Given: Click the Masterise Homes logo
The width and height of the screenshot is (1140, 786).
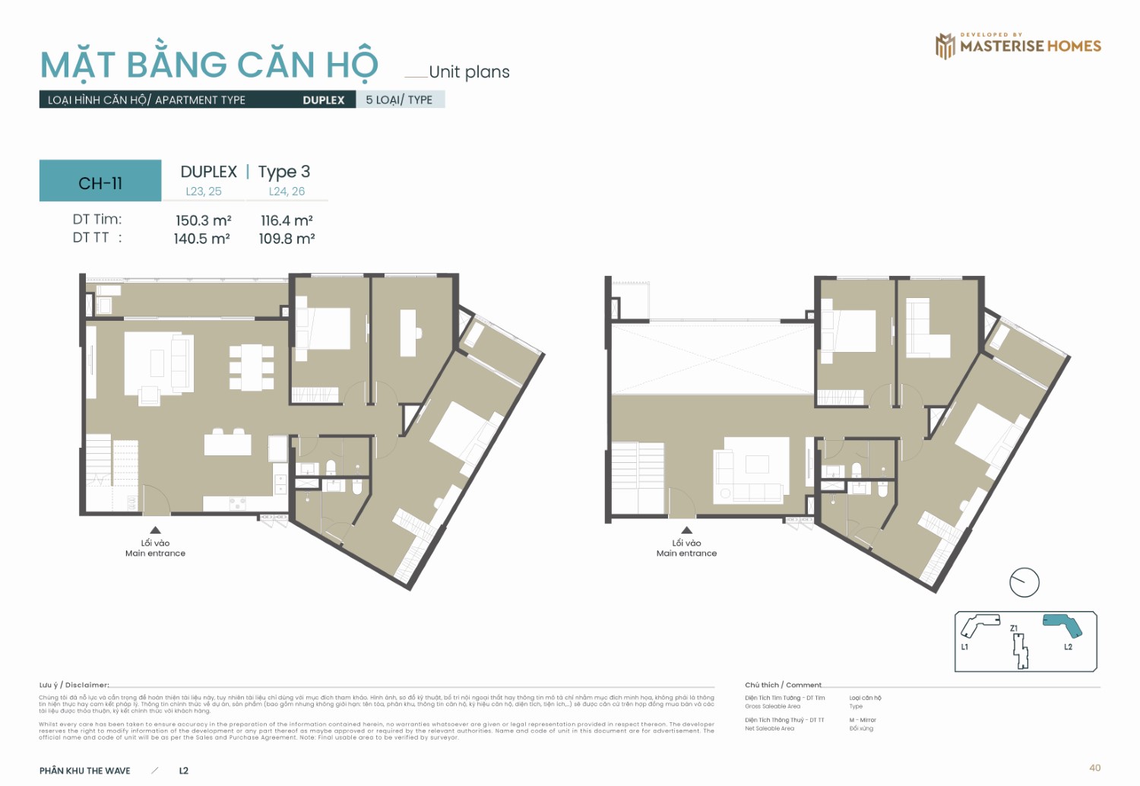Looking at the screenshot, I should (1018, 46).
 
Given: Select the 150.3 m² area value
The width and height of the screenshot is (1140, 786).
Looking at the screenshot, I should (203, 220).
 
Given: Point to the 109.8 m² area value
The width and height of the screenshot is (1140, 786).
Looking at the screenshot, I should (287, 239).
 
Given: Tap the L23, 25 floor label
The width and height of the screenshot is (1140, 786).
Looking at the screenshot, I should (204, 192).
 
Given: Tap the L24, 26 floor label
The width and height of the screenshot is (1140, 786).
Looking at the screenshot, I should (287, 192).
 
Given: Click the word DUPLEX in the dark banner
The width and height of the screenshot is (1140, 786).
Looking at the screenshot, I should (323, 100).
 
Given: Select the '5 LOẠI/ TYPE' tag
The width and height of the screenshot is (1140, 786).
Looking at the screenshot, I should (399, 100).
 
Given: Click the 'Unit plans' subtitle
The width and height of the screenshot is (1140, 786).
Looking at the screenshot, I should (469, 72).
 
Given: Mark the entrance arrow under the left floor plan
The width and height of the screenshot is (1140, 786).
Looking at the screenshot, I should (155, 530).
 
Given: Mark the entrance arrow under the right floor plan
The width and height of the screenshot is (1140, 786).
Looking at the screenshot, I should (686, 530).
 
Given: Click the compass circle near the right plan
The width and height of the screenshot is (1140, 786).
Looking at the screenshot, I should (1024, 583).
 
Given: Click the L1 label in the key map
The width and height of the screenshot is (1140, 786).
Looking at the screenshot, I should (964, 647).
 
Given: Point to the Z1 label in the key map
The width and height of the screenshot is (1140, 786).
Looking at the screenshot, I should (1014, 629).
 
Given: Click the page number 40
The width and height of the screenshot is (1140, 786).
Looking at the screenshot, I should (1094, 768).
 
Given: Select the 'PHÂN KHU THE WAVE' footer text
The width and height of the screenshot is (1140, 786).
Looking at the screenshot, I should (85, 771).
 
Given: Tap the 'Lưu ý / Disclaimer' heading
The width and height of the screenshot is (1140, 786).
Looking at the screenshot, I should (74, 685).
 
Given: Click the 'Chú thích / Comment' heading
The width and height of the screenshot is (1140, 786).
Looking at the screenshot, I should (783, 685).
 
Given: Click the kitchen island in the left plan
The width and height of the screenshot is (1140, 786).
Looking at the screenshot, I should (227, 444).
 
